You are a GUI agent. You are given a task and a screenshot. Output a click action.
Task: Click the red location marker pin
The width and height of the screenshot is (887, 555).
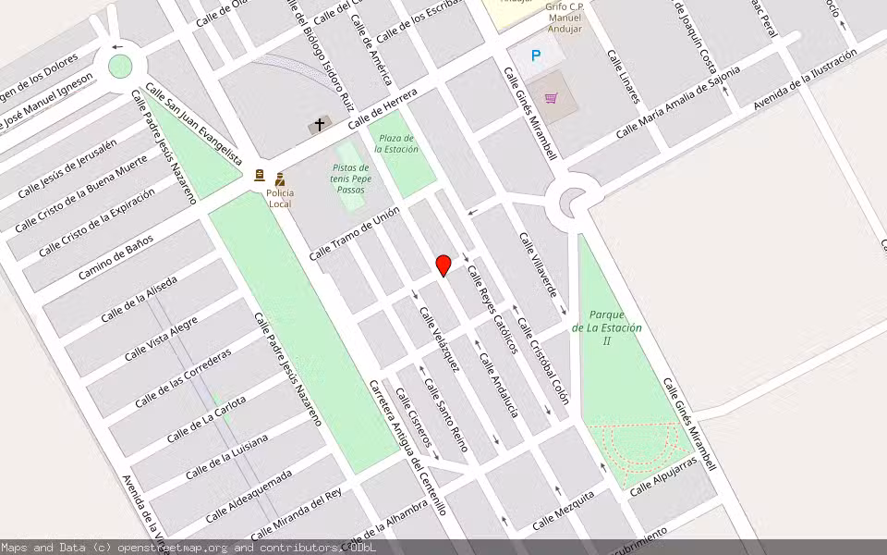(x=443, y=265)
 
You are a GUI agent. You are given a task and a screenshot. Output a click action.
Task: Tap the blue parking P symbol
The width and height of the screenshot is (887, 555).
(x=536, y=56)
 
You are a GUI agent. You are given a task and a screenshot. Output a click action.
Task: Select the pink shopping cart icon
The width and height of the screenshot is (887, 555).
(x=552, y=98)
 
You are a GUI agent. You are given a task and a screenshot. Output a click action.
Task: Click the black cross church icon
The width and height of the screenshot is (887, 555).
(x=321, y=124)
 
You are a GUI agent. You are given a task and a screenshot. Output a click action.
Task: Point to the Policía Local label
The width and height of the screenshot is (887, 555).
(x=280, y=198)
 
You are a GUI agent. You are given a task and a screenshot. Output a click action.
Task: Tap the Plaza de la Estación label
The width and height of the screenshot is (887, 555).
(x=396, y=143)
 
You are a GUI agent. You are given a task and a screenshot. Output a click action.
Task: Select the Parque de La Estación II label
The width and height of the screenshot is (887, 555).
(x=607, y=327)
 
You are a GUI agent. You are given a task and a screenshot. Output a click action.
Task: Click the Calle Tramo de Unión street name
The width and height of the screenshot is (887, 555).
(x=354, y=233)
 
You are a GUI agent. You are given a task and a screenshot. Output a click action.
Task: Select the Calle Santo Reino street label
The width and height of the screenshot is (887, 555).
(x=446, y=415)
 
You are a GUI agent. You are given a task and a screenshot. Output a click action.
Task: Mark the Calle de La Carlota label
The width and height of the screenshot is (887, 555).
(x=206, y=418)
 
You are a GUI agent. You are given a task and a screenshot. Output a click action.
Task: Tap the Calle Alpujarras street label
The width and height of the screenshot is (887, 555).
(x=662, y=475)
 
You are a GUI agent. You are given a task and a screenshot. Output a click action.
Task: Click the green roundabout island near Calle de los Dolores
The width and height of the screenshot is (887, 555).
(x=120, y=67)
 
